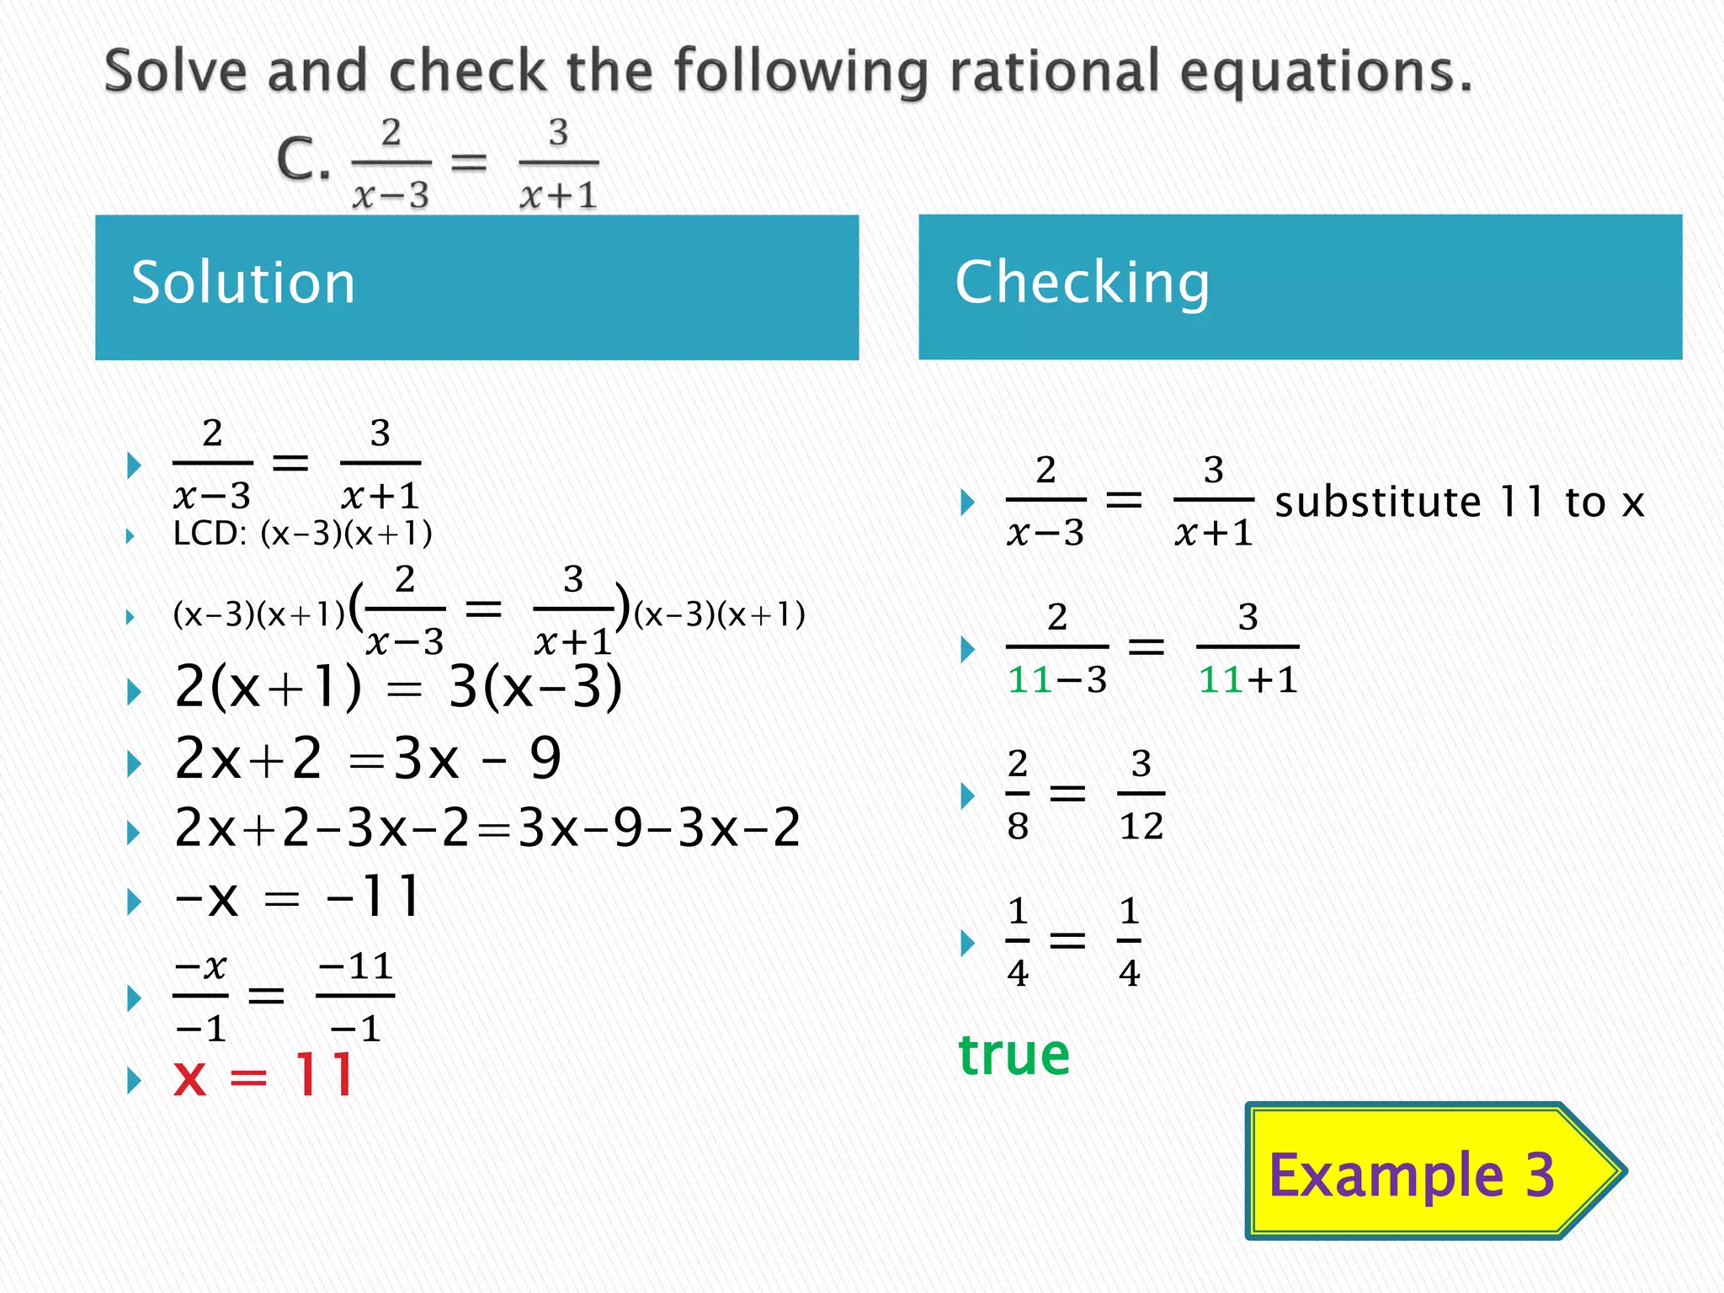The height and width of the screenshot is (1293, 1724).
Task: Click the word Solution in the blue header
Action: click(243, 283)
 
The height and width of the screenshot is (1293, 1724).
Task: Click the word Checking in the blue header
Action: click(1082, 283)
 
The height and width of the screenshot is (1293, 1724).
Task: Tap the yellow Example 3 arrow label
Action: click(1411, 1173)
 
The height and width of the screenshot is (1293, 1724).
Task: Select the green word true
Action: click(1014, 1054)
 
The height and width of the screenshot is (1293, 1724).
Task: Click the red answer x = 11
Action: click(263, 1076)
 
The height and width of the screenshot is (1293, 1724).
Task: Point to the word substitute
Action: click(1377, 503)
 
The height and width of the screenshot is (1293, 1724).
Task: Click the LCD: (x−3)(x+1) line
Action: click(302, 534)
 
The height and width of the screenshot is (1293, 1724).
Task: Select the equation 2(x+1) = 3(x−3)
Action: click(398, 687)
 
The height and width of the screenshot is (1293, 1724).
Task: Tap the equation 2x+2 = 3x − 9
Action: click(367, 758)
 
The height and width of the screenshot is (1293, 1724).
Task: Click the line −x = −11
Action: click(296, 897)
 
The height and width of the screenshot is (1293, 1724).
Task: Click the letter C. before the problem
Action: click(303, 159)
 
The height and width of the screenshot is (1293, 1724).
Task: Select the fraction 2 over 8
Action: click(1018, 794)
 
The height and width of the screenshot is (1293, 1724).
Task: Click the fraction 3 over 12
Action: click(1141, 794)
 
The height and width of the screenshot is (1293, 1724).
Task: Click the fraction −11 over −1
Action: click(355, 996)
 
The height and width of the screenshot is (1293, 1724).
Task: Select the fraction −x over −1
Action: click(200, 996)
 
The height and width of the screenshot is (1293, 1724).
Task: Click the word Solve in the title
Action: click(176, 71)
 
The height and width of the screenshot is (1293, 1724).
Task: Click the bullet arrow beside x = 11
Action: click(133, 1079)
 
